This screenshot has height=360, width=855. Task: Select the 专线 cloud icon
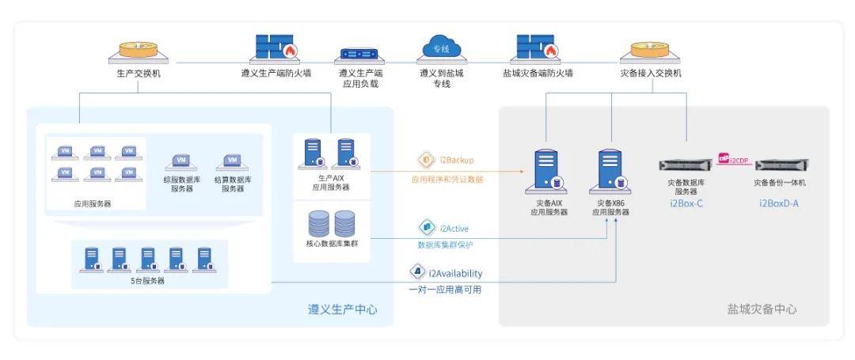click(x=441, y=47)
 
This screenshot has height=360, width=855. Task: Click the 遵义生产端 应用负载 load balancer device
click(x=359, y=55)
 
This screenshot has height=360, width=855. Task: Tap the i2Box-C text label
click(x=686, y=203)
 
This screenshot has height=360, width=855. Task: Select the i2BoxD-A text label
click(x=779, y=203)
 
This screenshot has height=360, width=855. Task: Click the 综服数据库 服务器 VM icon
click(x=181, y=162)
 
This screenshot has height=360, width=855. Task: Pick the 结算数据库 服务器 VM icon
click(x=232, y=162)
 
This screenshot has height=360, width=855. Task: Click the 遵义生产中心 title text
click(x=342, y=309)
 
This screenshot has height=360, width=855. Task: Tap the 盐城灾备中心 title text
click(x=762, y=309)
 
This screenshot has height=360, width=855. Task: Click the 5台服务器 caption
click(x=148, y=281)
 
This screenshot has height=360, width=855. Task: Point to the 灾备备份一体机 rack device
click(x=779, y=165)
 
